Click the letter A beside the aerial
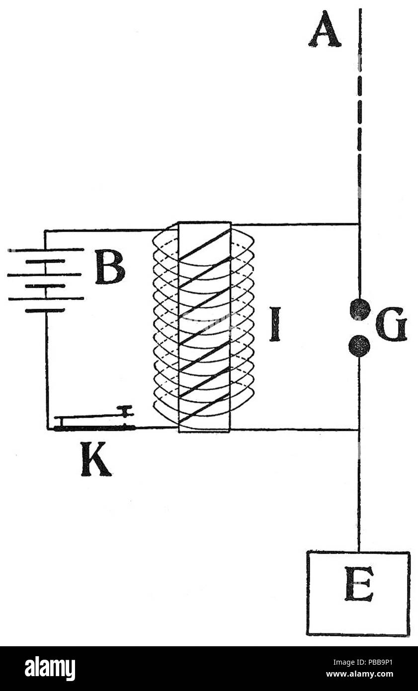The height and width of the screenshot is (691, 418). [325, 29]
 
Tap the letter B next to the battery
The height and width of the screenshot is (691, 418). [110, 266]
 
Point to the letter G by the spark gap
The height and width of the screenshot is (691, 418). [391, 324]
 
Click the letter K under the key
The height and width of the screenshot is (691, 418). [96, 459]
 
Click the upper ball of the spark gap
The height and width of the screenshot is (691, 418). [360, 309]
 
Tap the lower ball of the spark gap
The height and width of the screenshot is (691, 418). [359, 346]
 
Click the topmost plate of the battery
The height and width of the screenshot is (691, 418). [46, 250]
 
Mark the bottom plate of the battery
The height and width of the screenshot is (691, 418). [45, 311]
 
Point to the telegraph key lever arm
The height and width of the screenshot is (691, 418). [90, 416]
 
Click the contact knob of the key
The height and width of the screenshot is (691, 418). [125, 412]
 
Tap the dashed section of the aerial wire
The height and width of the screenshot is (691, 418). [360, 108]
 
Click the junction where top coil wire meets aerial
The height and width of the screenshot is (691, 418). [359, 224]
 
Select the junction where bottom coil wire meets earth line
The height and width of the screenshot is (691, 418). [359, 429]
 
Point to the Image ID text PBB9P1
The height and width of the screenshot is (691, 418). [363, 662]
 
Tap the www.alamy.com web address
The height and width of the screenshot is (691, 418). [359, 674]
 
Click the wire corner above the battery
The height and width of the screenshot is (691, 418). [45, 231]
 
